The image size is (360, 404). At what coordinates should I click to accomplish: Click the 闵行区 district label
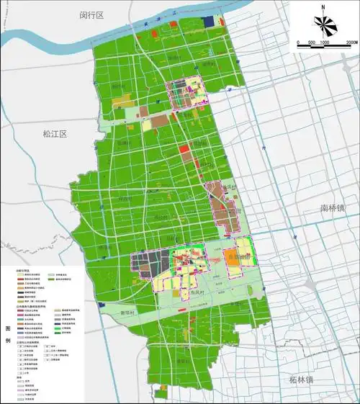[x=92, y=15]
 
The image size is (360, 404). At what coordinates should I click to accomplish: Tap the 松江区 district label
[x=54, y=135]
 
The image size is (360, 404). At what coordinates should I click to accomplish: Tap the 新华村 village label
[x=127, y=314]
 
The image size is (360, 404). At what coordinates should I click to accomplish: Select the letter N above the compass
[x=325, y=8]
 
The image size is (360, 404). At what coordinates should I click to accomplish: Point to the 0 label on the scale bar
[x=298, y=43]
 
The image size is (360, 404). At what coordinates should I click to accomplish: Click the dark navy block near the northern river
[x=210, y=23]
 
